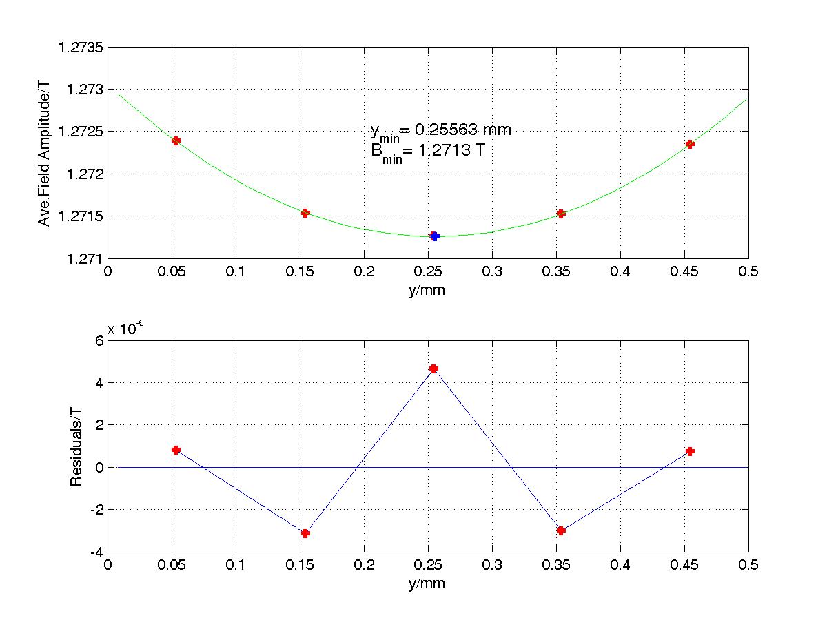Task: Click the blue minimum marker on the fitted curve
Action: point(434,236)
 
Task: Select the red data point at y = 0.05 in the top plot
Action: point(176,141)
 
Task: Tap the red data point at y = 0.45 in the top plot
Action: point(690,144)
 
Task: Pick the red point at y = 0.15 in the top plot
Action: point(305,213)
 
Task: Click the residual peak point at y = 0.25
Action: point(433,369)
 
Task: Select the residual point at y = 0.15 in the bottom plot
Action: point(305,533)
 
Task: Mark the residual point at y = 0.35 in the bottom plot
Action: point(561,530)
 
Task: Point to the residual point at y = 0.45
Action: point(690,451)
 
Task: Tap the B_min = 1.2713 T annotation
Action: point(422,150)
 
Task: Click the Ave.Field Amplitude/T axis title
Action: point(45,153)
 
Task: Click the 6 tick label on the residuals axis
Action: point(99,340)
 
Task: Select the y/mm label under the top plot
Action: point(427,290)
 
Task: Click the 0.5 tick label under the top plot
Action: point(748,272)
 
